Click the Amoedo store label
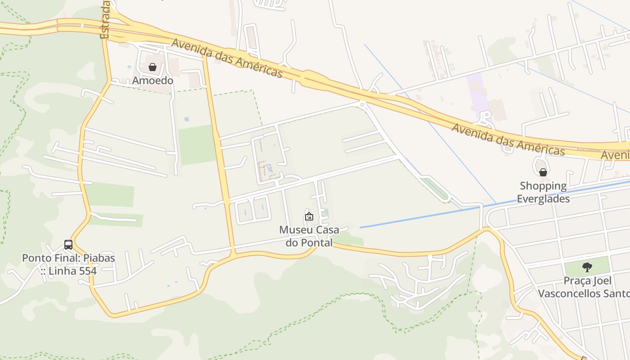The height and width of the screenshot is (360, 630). (x=153, y=81)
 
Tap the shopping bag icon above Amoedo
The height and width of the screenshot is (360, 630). (x=153, y=67)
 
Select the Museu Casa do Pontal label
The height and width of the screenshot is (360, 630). (x=309, y=236)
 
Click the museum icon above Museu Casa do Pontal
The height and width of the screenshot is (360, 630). (x=309, y=216)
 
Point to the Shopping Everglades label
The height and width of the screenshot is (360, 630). (x=543, y=192)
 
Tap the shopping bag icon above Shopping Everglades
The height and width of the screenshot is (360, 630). (x=543, y=172)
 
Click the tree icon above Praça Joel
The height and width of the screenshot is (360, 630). (x=587, y=267)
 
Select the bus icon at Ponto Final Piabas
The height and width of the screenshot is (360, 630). (x=68, y=245)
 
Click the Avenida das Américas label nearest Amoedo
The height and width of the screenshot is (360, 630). (x=227, y=58)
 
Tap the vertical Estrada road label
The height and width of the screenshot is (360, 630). (x=105, y=20)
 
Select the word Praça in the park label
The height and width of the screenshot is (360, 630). (x=576, y=281)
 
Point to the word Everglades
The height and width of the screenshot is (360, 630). (x=543, y=198)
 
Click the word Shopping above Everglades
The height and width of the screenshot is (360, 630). (x=543, y=186)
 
